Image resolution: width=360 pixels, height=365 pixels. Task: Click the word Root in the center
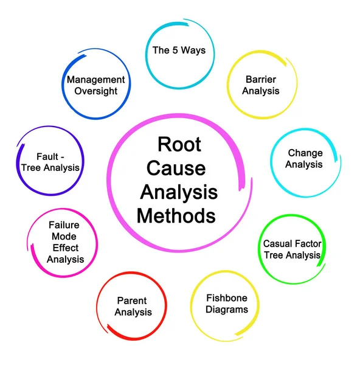click(179, 144)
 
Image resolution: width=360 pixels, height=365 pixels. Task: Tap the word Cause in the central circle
click(176, 168)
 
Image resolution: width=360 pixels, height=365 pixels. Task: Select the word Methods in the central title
click(176, 216)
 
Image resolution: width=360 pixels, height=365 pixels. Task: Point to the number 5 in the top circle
click(175, 50)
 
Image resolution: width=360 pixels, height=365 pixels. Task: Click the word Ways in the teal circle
click(193, 50)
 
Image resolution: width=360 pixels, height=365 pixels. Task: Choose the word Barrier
click(261, 79)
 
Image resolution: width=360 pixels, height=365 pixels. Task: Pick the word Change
click(305, 153)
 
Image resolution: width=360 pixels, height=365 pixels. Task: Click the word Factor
click(306, 244)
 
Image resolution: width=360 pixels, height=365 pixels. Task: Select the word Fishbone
click(227, 298)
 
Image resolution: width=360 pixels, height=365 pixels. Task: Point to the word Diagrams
click(227, 310)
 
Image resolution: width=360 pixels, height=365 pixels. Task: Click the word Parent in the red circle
click(132, 301)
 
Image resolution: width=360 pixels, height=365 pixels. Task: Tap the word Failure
click(64, 225)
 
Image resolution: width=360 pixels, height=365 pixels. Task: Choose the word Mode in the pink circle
click(64, 237)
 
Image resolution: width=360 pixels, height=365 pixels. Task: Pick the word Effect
click(66, 248)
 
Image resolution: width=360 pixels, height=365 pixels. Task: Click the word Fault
click(47, 157)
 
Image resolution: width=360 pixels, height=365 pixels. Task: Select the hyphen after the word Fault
click(62, 158)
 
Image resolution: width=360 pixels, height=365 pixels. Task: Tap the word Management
click(96, 80)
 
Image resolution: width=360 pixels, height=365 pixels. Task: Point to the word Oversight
click(96, 91)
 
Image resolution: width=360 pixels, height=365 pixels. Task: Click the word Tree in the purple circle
click(32, 168)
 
